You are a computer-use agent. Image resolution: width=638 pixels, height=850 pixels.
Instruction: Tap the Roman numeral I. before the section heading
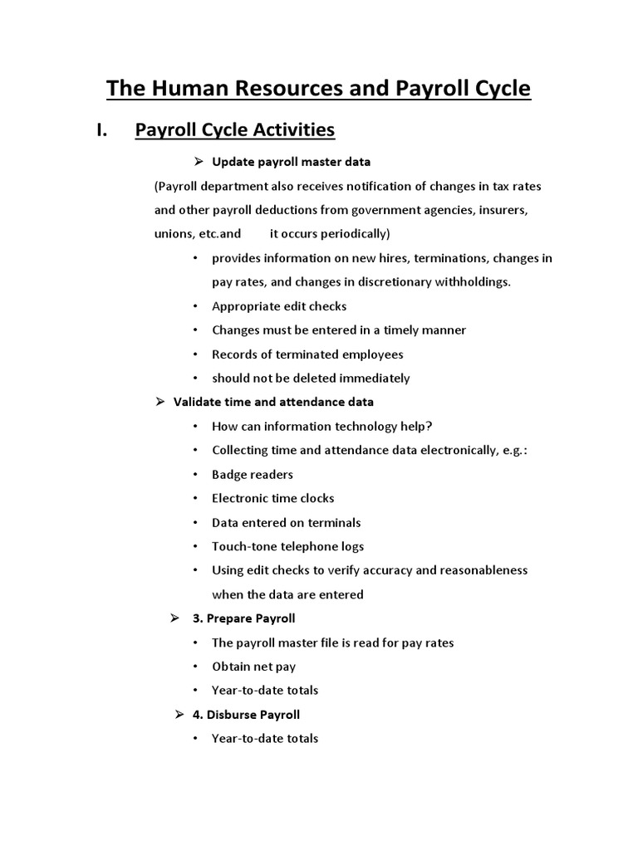pyautogui.click(x=104, y=130)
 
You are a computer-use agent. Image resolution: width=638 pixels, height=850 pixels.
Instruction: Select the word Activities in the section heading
pyautogui.click(x=290, y=130)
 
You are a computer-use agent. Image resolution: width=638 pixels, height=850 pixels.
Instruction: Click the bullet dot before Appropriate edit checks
pyautogui.click(x=194, y=306)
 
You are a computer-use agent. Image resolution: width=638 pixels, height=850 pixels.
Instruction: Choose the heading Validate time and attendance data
pyautogui.click(x=273, y=402)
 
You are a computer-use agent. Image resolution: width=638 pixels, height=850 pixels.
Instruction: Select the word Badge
pyautogui.click(x=229, y=475)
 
